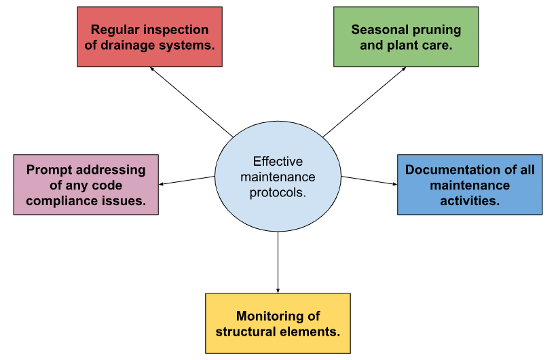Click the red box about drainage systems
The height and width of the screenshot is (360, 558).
149,37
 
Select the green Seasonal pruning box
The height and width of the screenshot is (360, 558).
406,37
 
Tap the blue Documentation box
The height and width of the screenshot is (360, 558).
470,185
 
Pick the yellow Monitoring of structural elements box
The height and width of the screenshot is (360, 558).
278,323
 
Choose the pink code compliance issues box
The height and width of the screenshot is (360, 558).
86,185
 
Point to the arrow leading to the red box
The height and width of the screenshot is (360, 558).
191,101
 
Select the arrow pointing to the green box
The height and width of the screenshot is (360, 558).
364,101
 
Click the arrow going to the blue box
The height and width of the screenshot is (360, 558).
369,180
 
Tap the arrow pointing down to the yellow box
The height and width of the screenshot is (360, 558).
278,262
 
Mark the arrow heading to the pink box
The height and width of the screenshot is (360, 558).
187,180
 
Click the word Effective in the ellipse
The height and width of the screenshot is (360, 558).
278,162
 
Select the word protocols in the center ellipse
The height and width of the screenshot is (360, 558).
278,193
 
